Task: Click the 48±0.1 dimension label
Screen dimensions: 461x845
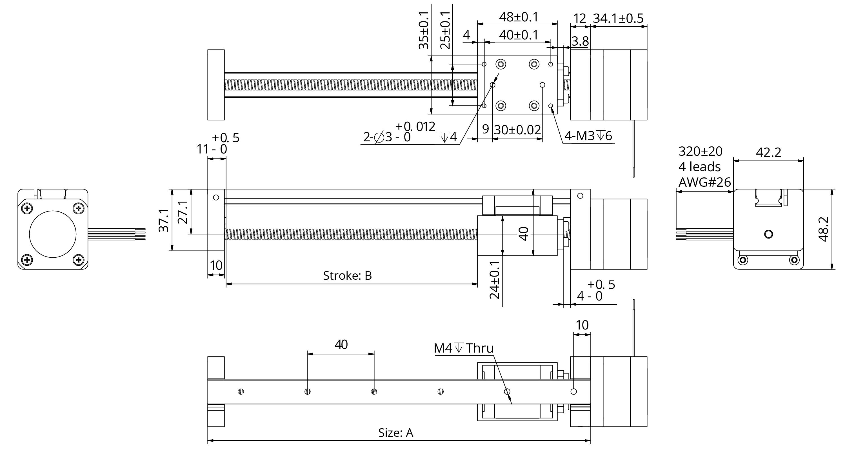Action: (519, 17)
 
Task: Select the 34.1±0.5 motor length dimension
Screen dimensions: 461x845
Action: (618, 18)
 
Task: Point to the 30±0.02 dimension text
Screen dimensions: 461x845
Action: (517, 130)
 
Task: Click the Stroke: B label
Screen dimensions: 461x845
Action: (347, 276)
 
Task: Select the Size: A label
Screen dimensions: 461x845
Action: (396, 433)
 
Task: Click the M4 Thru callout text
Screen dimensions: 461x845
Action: (464, 348)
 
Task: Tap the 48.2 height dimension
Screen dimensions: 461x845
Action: (824, 229)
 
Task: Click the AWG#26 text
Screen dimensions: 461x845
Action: (704, 182)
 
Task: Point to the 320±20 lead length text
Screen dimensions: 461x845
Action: (700, 152)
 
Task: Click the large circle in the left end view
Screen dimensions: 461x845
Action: (53, 234)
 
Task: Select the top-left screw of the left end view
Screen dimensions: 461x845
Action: (27, 208)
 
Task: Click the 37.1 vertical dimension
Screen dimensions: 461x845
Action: (164, 220)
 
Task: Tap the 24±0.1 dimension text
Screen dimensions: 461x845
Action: (495, 280)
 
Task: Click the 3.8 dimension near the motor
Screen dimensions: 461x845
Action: (580, 41)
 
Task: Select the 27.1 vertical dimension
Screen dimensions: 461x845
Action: (183, 212)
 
